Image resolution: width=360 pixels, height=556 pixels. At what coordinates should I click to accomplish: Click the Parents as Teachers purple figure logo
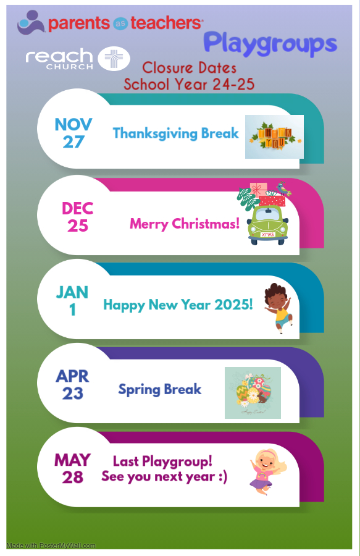pos(30,22)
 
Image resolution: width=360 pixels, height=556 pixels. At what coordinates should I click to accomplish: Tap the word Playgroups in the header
pos(270,44)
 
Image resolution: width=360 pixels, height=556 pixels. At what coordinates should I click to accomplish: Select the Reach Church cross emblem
pos(114,59)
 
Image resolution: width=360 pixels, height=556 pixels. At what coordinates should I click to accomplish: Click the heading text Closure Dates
pos(189,68)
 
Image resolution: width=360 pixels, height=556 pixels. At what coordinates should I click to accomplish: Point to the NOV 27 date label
pos(73,133)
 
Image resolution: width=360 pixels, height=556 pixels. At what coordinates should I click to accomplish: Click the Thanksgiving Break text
pos(176,133)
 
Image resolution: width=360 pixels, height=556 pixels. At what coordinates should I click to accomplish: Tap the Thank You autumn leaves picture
pos(274,137)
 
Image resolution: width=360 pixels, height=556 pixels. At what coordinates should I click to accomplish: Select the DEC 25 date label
pos(78,217)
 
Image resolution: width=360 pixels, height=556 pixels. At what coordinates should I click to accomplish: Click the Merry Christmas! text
pos(185,224)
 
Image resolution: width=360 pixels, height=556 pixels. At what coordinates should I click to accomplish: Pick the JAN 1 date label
pos(72,301)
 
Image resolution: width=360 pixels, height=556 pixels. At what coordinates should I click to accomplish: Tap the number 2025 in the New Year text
pos(233,305)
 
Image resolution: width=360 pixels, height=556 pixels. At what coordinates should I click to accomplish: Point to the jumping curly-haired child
pos(278,308)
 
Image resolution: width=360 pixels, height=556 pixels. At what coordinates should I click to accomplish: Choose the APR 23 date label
pos(72,385)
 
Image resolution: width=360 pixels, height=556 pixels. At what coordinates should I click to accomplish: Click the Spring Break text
pos(160,390)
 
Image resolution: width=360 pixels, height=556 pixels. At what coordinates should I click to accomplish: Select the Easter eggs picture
pos(253,393)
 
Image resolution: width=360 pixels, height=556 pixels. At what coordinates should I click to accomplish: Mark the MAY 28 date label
pos(72,469)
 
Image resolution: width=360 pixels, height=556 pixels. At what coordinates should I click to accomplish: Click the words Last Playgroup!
pos(162,461)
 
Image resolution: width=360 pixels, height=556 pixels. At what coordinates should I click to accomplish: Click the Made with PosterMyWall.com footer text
pos(51,545)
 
